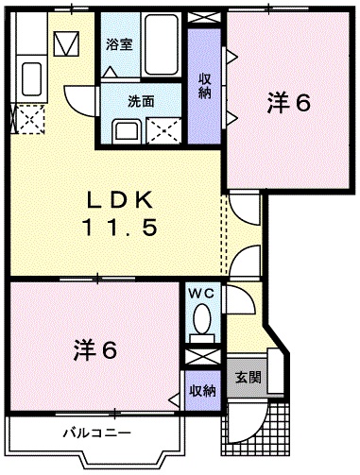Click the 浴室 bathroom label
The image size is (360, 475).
[119, 44]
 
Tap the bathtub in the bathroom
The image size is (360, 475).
[161, 44]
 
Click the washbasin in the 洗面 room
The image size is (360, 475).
[127, 131]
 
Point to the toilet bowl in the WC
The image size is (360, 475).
[202, 318]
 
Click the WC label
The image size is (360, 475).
[201, 294]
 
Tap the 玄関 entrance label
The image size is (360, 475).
[249, 377]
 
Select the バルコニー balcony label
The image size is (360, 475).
[97, 433]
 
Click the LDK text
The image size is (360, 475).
[120, 200]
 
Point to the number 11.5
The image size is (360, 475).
[120, 228]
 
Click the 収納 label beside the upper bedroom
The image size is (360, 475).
[204, 86]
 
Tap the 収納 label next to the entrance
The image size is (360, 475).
[202, 391]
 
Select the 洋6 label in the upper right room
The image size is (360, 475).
[289, 103]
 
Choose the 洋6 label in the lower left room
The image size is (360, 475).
[95, 350]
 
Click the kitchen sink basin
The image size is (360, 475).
[32, 78]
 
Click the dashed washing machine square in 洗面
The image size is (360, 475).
[164, 131]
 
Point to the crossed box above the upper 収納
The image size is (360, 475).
[205, 17]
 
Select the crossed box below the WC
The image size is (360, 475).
[202, 358]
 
